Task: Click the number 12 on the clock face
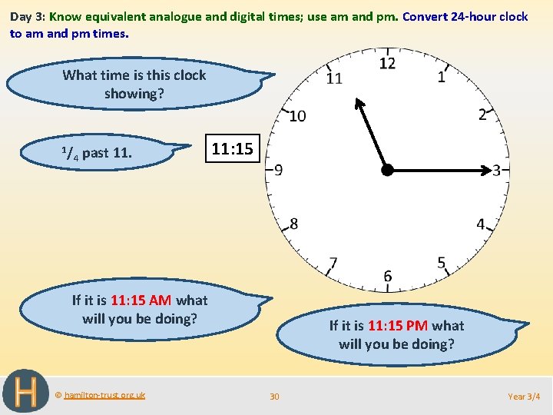(387, 63)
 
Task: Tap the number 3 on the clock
(497, 170)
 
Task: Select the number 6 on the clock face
(387, 276)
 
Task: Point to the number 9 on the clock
(278, 170)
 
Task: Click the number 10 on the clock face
(297, 116)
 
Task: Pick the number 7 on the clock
(333, 263)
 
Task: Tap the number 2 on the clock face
(482, 115)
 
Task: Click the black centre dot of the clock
(387, 170)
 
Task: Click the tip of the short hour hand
(356, 101)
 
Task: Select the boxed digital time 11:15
(232, 149)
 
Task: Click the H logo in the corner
(26, 391)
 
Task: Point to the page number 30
(274, 397)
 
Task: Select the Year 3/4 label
(524, 397)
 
